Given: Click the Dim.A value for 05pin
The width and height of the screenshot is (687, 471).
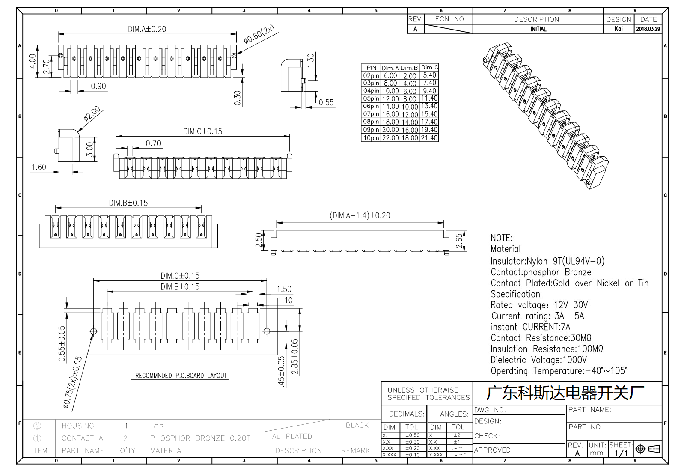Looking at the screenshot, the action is tap(390, 99).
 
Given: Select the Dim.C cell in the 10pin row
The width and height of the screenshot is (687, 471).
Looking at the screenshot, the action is tap(429, 138).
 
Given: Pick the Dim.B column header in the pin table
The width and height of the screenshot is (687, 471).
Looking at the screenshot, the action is tap(410, 68).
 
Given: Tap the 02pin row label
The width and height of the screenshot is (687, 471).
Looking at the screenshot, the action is tap(371, 75).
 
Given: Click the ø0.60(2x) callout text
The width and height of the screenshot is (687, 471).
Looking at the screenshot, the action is tap(259, 34).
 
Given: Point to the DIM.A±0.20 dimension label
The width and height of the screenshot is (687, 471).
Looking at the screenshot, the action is tap(147, 29).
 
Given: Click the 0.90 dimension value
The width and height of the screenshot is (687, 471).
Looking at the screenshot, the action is tap(98, 86).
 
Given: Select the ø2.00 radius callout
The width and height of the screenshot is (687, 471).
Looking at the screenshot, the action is tap(92, 113).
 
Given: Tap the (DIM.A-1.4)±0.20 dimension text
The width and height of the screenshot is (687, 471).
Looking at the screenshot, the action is tap(360, 215).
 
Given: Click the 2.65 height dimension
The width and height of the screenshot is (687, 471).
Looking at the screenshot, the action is tap(459, 241).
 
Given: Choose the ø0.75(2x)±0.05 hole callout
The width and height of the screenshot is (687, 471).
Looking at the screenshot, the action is tap(72, 382).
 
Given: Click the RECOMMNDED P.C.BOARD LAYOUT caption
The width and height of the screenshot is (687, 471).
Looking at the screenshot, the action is tap(181, 376).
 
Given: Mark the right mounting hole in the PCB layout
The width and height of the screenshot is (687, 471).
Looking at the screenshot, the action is tap(267, 331).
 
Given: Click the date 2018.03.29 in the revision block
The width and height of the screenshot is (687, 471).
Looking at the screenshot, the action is tap(648, 29).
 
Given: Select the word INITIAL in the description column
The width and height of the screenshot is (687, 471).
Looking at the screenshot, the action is tap(538, 29).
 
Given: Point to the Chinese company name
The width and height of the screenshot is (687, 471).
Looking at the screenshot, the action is tap(565, 393).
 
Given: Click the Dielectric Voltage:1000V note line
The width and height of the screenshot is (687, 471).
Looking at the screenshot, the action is tap(538, 360).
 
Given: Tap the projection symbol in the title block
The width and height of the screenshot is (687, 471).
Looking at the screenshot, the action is tap(648, 449).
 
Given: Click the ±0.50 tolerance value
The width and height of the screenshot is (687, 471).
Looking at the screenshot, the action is tap(413, 435).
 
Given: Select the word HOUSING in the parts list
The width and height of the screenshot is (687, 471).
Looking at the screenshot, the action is tap(78, 426).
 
